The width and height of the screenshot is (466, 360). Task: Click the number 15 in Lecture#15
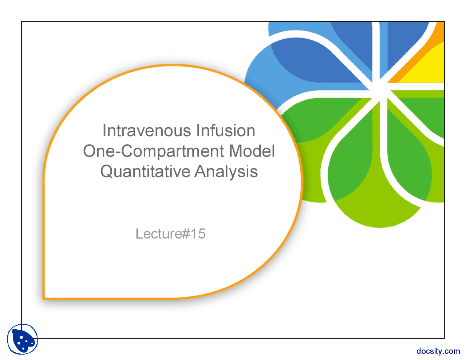[198, 234]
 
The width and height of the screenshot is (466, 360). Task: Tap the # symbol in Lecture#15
[186, 234]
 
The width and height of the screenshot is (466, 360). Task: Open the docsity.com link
[438, 351]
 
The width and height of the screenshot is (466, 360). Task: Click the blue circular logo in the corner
[23, 339]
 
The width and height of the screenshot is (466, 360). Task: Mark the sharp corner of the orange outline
[44, 298]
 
